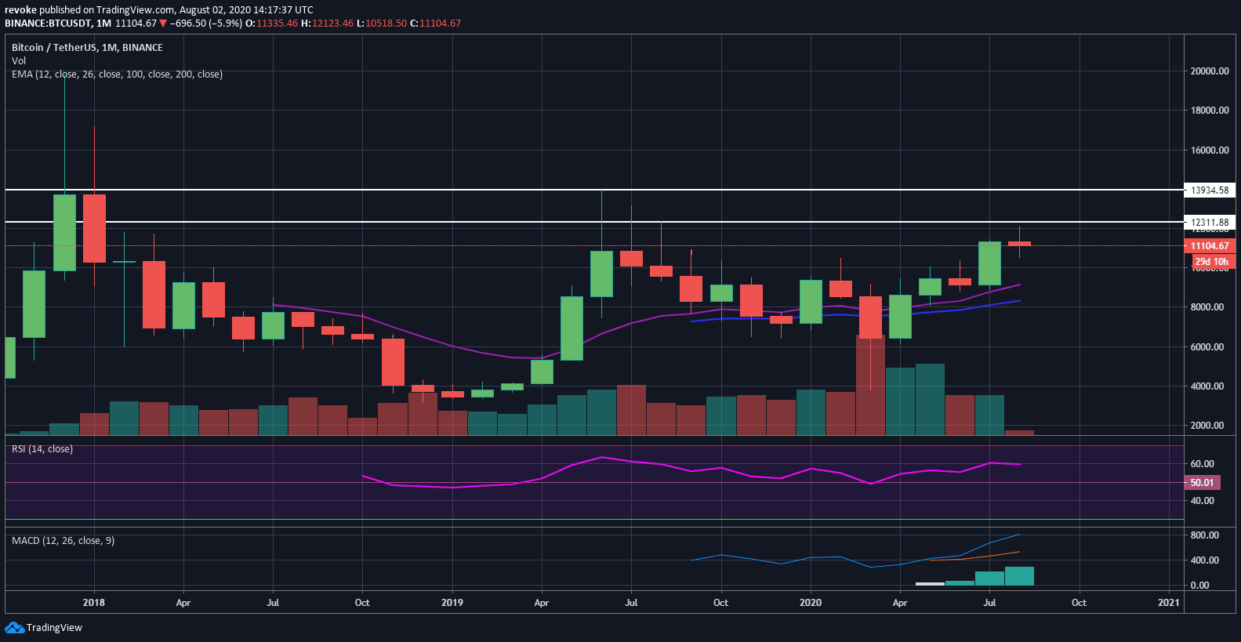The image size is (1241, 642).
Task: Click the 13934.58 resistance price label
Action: (x=1209, y=190)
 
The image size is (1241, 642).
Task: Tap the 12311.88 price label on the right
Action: (x=1209, y=223)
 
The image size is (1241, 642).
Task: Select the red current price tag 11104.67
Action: (x=1209, y=246)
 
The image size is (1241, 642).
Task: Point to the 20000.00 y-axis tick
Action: (x=1209, y=71)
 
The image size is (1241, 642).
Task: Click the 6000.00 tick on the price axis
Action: (x=1207, y=347)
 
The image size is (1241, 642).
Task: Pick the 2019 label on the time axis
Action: (x=452, y=603)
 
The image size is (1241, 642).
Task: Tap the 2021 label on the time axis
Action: (x=1168, y=603)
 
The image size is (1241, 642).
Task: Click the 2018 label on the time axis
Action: (x=93, y=603)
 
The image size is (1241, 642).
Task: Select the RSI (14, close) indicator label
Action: (x=42, y=449)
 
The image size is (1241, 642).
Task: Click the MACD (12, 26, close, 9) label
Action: (x=63, y=541)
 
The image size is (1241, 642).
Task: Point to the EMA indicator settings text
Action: (x=117, y=74)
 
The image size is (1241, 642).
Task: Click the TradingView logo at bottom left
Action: (x=44, y=628)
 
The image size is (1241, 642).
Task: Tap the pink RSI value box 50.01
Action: (x=1201, y=483)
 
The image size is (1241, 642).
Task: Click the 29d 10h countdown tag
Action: (x=1211, y=262)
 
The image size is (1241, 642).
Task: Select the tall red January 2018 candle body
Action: (x=94, y=228)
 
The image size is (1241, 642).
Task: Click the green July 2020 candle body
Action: (x=989, y=263)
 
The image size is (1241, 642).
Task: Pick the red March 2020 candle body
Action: (x=870, y=317)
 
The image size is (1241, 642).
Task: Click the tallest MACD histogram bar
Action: (x=1019, y=576)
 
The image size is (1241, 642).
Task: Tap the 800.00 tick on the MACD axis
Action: (x=1204, y=535)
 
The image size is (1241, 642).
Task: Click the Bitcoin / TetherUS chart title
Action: (x=87, y=48)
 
